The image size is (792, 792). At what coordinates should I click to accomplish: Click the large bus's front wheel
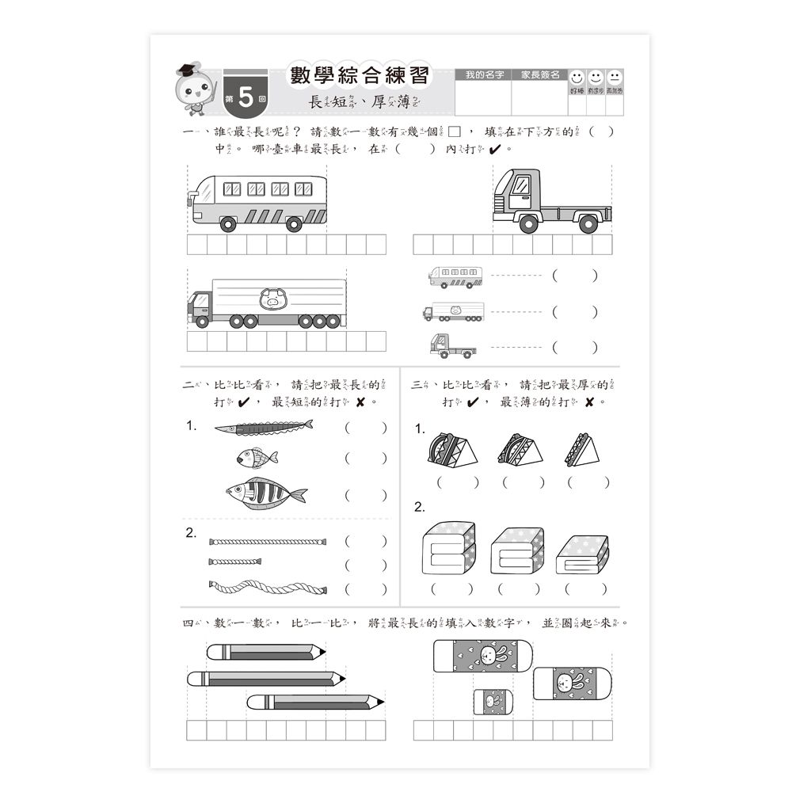228,224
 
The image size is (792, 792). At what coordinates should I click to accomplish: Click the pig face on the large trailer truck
272,299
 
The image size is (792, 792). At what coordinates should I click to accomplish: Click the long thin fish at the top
263,428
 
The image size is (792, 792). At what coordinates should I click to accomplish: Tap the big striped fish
265,493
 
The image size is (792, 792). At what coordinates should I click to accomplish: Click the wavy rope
268,587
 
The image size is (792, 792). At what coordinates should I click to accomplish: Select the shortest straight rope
235,562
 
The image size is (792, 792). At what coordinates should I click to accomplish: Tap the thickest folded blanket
449,547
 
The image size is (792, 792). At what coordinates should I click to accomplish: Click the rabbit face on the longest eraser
487,656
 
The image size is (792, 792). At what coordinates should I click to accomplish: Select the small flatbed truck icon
453,345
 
